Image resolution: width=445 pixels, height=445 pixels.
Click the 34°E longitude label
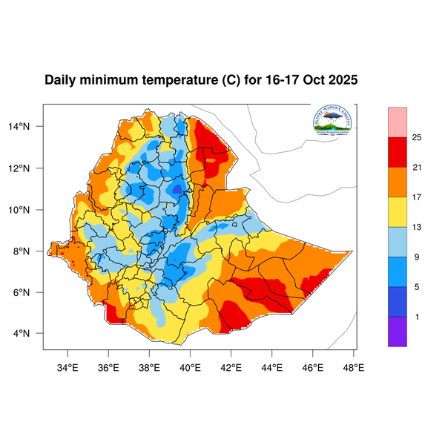(x=68, y=366)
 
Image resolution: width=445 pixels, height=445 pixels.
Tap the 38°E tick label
(x=149, y=366)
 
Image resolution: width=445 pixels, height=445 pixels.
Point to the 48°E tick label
(x=353, y=366)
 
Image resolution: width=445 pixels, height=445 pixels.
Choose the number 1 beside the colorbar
(x=416, y=317)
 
